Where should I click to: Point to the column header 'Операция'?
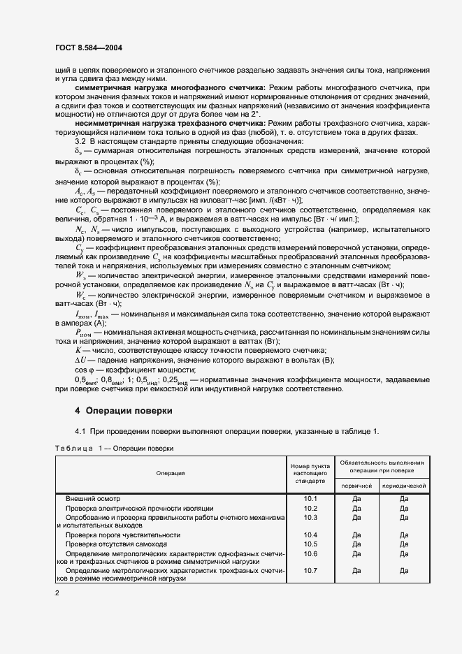click(x=170, y=473)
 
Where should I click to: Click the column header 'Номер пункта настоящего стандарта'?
click(x=310, y=473)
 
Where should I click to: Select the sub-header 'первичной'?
click(x=357, y=484)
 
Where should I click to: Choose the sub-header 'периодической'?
click(x=403, y=484)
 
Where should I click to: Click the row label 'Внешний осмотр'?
click(x=93, y=499)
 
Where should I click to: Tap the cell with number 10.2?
click(x=310, y=508)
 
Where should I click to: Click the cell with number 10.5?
click(x=310, y=544)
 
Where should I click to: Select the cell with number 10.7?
click(x=310, y=570)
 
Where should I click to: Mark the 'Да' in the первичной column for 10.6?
click(x=357, y=553)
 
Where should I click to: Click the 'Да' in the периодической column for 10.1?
click(x=403, y=499)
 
